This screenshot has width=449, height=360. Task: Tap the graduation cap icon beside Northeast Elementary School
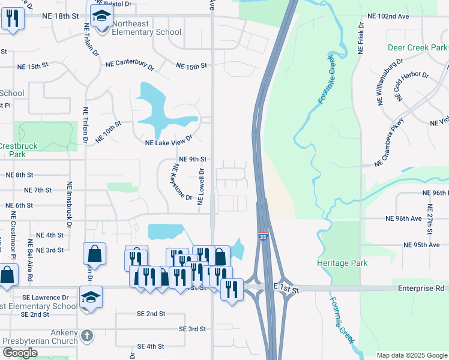pos(101,16)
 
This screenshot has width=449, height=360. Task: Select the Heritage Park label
pos(343,263)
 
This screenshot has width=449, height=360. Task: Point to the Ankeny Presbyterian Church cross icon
pos(87,335)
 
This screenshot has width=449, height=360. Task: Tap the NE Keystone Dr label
pos(182,182)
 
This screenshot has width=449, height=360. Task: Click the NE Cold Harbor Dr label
pos(411,87)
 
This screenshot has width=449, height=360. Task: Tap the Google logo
pos(20,353)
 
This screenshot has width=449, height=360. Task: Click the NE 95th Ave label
pos(423,245)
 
